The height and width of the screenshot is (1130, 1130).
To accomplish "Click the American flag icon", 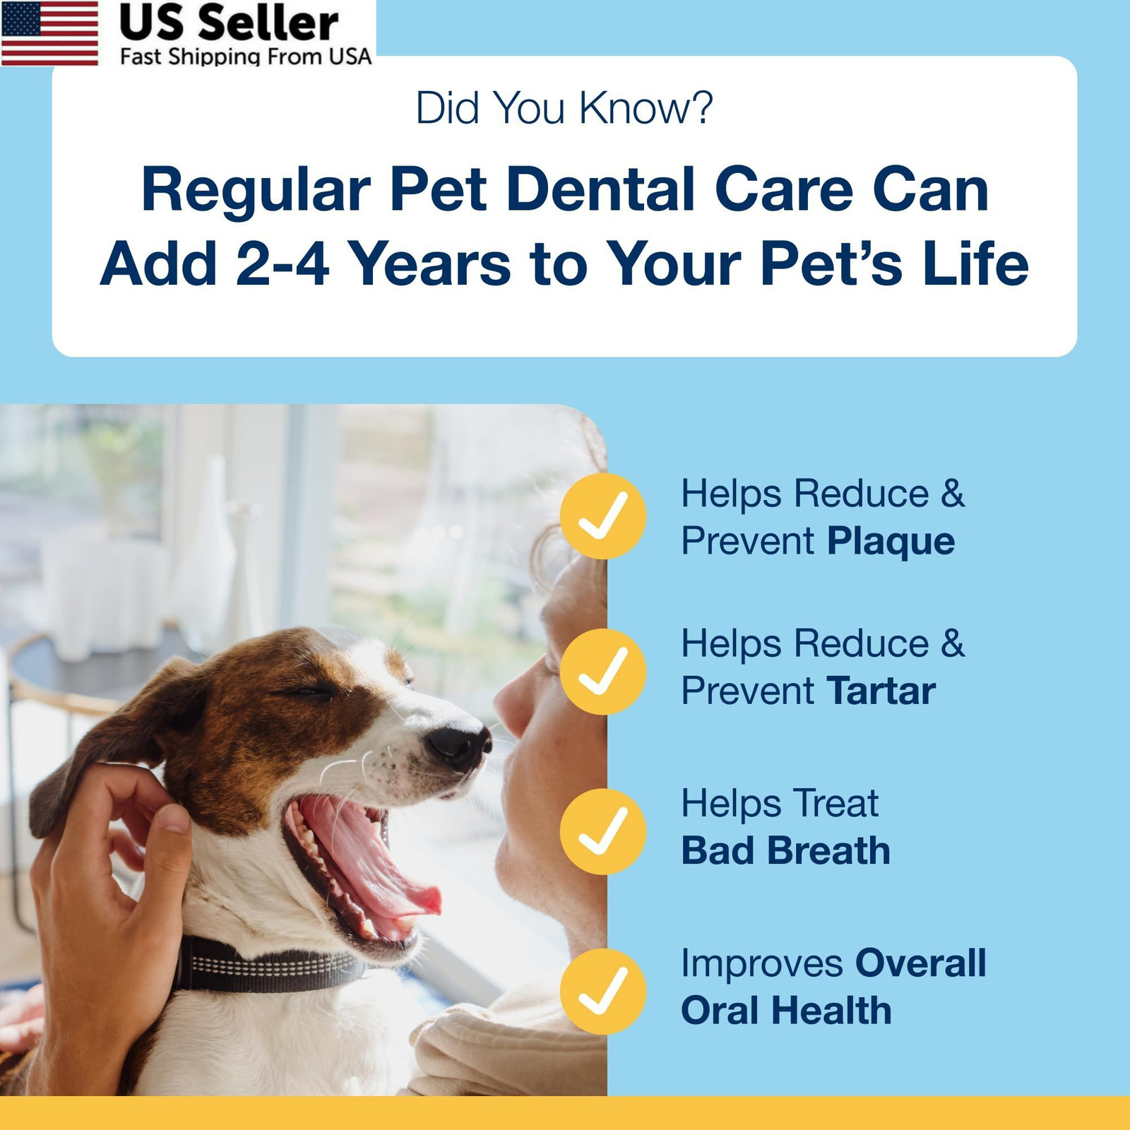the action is click(x=49, y=33).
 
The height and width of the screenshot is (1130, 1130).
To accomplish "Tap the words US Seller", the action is click(x=229, y=23).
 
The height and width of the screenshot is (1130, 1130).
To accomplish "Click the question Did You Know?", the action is click(x=564, y=108).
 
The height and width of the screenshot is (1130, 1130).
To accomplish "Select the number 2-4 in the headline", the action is click(x=282, y=263).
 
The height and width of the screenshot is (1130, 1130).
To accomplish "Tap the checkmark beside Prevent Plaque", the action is click(x=603, y=516).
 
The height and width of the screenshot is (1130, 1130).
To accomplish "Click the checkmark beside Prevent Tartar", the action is click(x=603, y=672).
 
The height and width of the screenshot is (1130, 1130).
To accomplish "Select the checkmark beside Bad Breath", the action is click(x=603, y=831).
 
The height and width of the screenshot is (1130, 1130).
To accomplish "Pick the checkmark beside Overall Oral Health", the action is click(x=603, y=992).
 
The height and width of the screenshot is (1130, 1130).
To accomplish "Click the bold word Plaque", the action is click(x=891, y=542).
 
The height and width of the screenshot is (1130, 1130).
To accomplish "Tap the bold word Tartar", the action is click(x=881, y=691).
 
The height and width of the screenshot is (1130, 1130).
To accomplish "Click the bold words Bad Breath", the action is click(x=785, y=850).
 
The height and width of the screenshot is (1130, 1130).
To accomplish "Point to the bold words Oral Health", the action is click(x=786, y=1010).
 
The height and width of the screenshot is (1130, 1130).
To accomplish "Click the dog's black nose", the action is click(x=459, y=747).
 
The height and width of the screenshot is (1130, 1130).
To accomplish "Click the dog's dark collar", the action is click(x=268, y=964).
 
